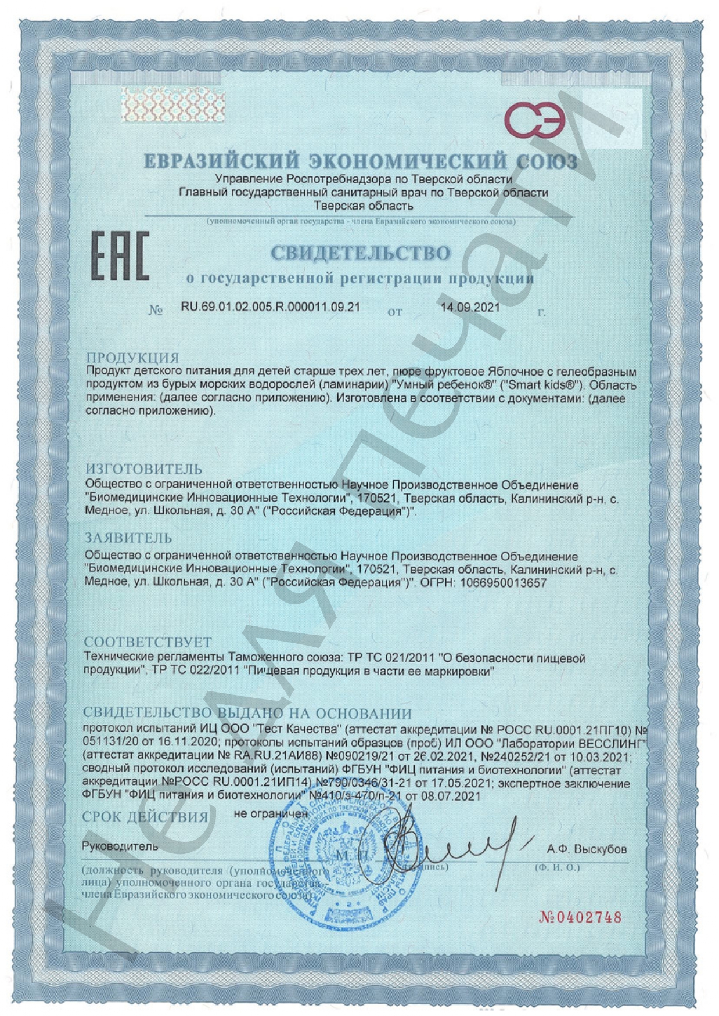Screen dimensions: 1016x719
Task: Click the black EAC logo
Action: [120, 256]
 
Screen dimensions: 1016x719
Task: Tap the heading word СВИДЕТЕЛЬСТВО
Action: [360, 253]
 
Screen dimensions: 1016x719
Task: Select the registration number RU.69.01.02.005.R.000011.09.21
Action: [271, 307]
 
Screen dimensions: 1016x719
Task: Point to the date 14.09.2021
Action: [470, 307]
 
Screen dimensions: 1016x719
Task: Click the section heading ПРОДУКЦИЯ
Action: [132, 358]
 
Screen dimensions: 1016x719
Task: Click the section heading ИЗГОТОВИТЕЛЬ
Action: [144, 469]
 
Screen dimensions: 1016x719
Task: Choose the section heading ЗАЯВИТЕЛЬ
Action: [128, 538]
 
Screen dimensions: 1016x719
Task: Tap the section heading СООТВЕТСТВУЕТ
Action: [148, 643]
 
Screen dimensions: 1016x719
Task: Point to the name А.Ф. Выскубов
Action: [587, 849]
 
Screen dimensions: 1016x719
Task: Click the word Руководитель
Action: [120, 846]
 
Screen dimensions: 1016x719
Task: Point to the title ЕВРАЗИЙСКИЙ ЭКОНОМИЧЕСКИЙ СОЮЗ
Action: [360, 161]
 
